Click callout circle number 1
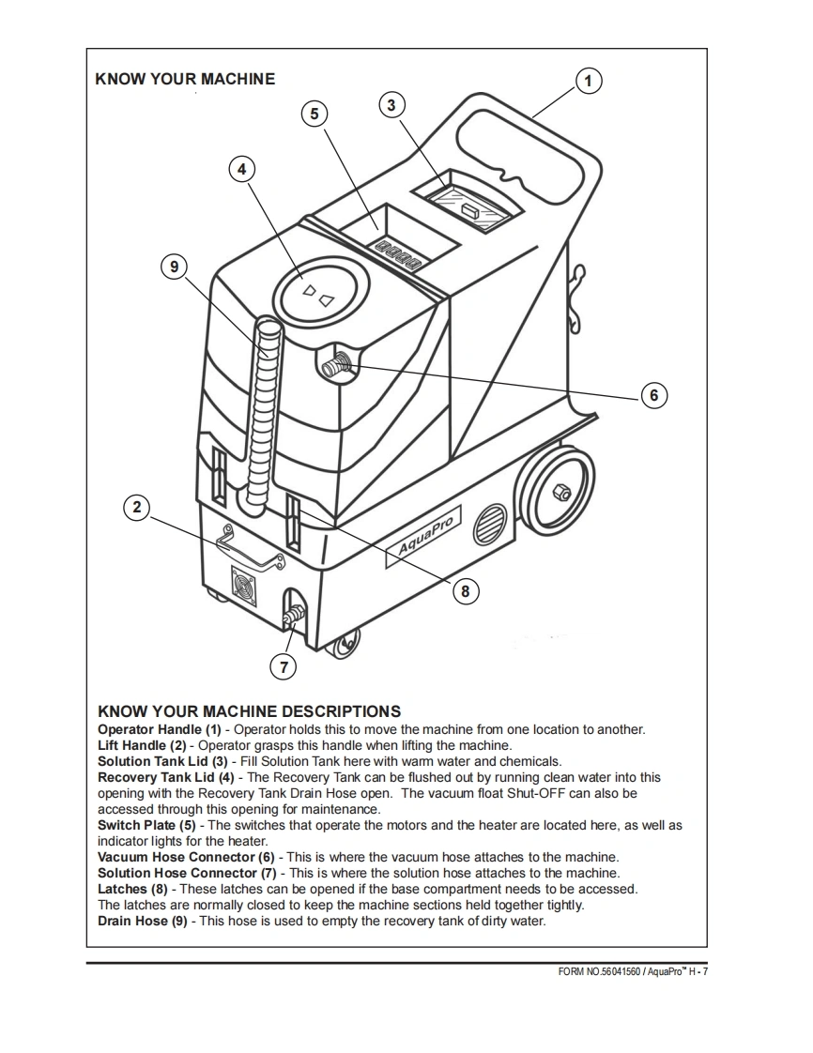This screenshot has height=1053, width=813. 588,81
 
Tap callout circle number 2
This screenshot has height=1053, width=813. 137,508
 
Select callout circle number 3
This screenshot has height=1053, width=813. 392,104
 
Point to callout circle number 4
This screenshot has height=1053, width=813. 242,169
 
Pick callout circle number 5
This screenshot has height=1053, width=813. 314,114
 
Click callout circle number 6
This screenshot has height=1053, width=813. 654,395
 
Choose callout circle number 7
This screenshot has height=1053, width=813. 282,666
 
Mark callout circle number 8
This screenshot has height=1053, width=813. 465,590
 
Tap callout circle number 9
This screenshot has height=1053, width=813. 173,267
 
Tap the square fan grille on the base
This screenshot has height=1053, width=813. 243,587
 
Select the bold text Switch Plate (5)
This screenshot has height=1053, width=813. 148,825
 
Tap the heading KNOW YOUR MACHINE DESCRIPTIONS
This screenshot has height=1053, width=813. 249,711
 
